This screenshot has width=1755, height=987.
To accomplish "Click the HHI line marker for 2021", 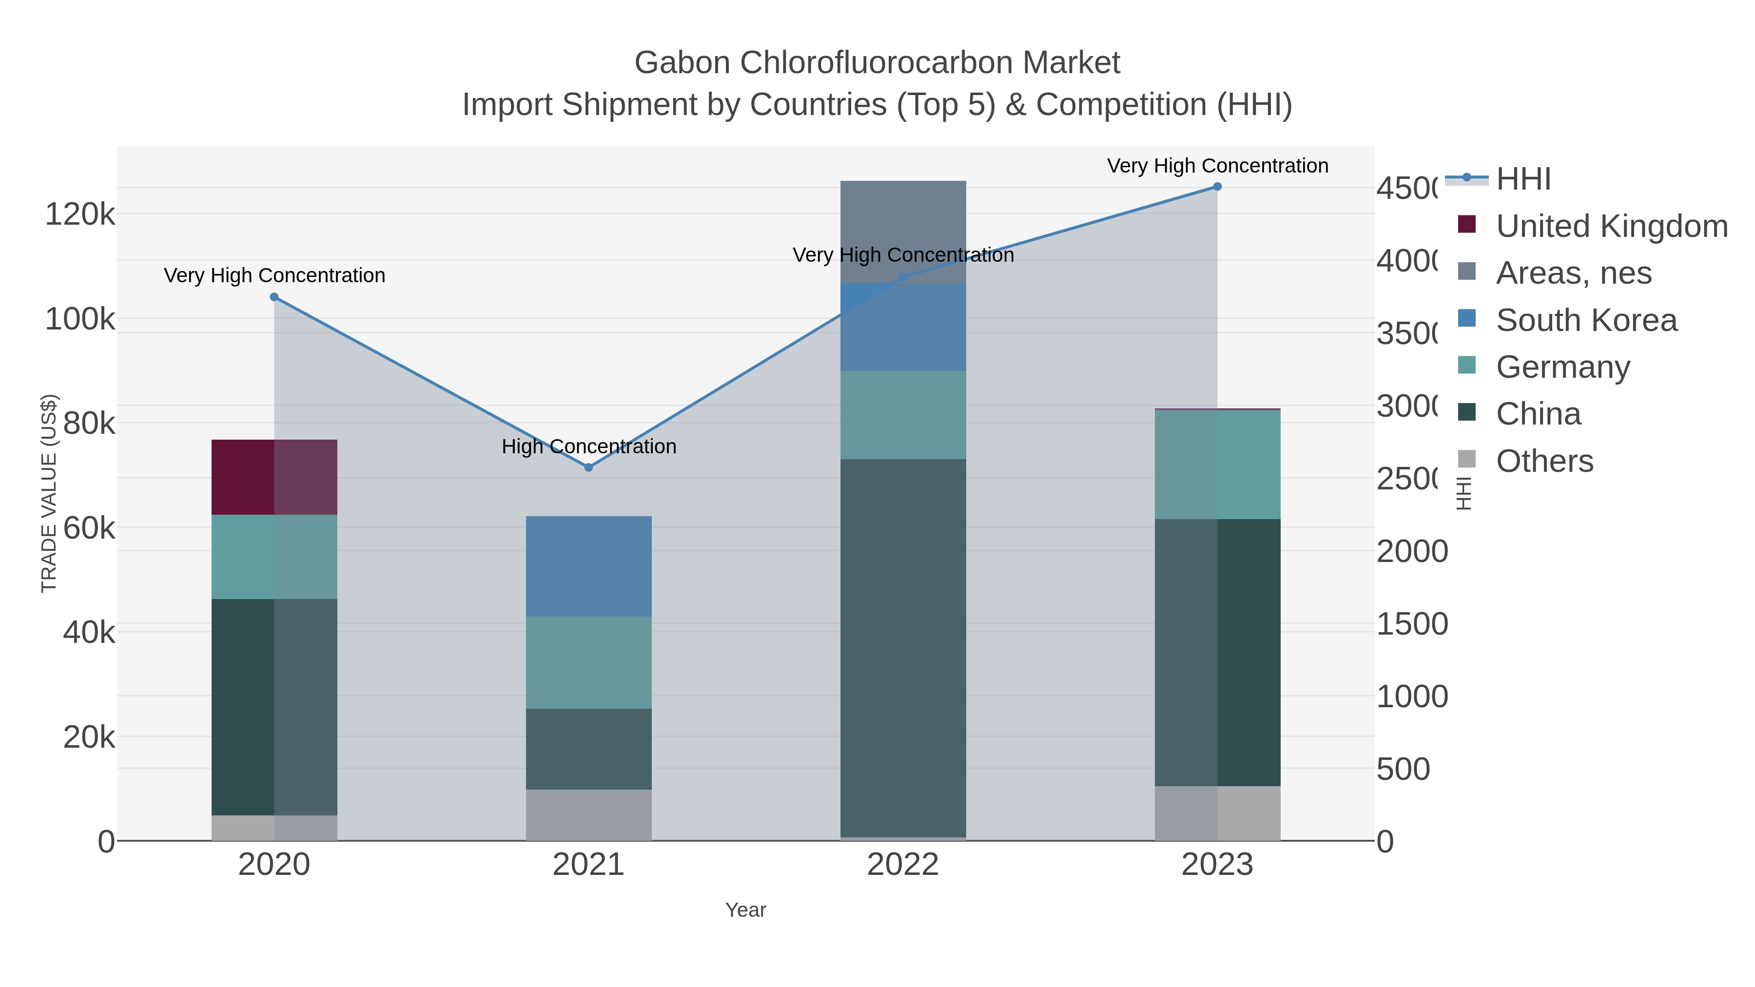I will click(x=588, y=467).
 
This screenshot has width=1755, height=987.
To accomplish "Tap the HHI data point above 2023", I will click(x=1217, y=187).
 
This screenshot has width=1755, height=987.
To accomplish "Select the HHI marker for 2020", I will click(x=274, y=297).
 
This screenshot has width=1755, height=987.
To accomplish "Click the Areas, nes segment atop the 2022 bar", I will click(x=903, y=232).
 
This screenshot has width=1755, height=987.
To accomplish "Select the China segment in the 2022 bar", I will click(x=903, y=647).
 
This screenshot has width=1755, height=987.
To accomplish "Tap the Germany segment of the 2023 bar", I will click(x=1217, y=464).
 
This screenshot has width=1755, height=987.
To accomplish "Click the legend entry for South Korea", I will click(x=1586, y=320).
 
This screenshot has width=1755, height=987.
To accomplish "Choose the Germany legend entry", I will click(x=1563, y=367).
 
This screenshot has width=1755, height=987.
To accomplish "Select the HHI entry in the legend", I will click(x=1523, y=179).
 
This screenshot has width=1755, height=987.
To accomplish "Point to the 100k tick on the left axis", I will click(x=80, y=319).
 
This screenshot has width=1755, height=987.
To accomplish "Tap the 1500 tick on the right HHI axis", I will click(x=1412, y=624).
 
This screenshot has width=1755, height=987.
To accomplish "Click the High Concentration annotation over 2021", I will click(x=588, y=447).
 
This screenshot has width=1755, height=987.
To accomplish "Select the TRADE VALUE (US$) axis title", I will click(x=49, y=493).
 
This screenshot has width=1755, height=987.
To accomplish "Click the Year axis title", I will click(x=745, y=910).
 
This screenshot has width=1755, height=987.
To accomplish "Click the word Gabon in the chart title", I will click(x=682, y=63).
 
